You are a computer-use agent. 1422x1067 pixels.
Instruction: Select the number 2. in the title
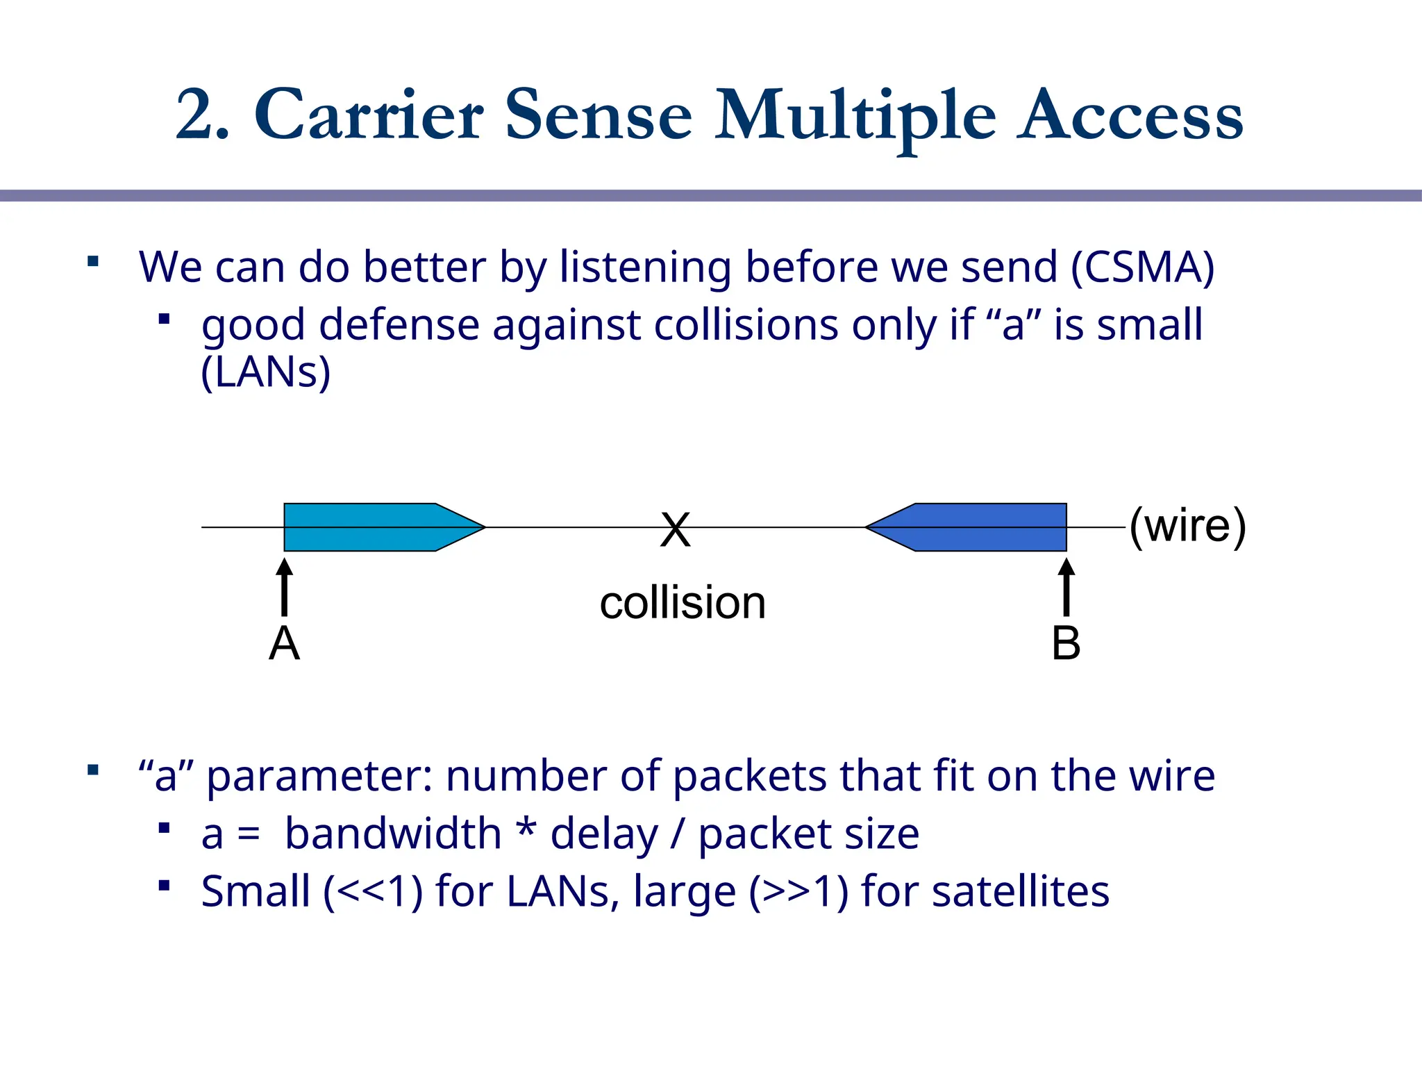click(x=202, y=116)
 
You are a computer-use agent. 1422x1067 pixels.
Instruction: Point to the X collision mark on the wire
click(x=676, y=529)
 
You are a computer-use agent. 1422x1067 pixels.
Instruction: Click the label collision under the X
click(x=683, y=602)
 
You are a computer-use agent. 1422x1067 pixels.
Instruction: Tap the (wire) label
click(x=1187, y=526)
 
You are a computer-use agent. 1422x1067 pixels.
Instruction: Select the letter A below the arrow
click(x=284, y=643)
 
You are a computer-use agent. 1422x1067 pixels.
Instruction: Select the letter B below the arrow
click(x=1066, y=643)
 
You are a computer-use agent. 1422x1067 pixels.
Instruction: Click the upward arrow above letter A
click(x=284, y=587)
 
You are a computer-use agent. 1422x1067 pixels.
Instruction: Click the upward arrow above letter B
click(x=1066, y=587)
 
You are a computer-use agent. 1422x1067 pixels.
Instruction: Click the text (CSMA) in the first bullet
click(x=1142, y=267)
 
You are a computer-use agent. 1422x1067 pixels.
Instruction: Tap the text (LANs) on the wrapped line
click(x=265, y=373)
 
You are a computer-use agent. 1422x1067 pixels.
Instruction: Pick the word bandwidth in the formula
click(x=393, y=834)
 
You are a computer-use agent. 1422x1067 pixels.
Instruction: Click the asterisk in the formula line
click(x=527, y=829)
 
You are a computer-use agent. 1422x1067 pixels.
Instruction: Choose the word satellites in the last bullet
click(x=1020, y=891)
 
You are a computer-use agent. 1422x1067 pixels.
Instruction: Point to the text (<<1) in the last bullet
click(x=373, y=892)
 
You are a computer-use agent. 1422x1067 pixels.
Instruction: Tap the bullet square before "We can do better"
click(x=93, y=262)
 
